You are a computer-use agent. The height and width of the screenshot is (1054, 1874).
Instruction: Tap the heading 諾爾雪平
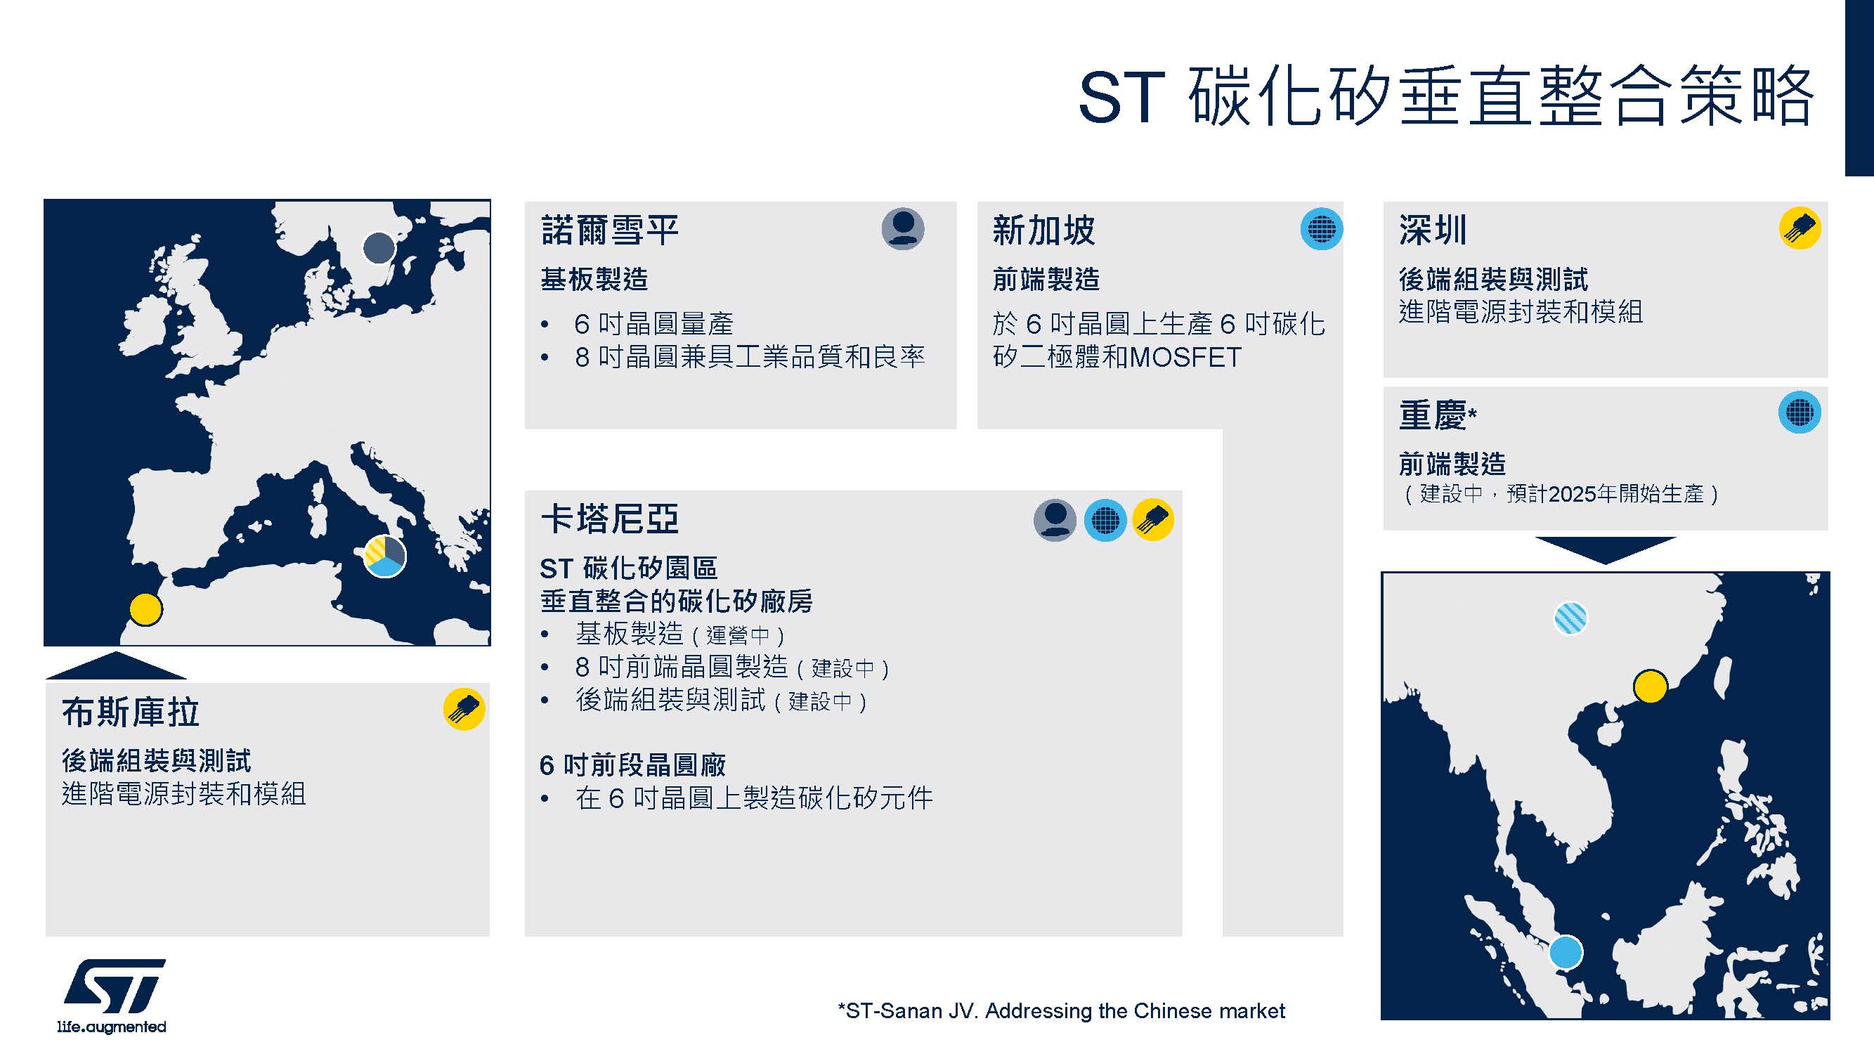click(610, 230)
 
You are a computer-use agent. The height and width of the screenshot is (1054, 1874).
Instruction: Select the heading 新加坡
click(1043, 230)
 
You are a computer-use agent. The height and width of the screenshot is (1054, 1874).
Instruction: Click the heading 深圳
click(1433, 230)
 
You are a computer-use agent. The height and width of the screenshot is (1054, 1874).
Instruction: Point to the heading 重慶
click(1433, 415)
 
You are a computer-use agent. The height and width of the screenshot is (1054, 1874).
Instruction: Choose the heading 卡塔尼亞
click(610, 519)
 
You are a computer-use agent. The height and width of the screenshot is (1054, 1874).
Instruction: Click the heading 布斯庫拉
click(131, 712)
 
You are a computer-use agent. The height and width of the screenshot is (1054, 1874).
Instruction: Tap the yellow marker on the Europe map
click(145, 609)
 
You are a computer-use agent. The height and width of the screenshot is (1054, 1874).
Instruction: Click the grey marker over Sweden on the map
click(379, 248)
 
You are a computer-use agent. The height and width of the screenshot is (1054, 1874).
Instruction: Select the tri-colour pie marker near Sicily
click(384, 557)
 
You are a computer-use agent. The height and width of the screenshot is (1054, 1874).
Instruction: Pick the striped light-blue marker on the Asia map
click(1570, 618)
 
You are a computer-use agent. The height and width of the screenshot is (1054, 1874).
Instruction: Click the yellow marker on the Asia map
click(1650, 686)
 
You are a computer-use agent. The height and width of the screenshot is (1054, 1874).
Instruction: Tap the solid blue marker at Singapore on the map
click(1566, 952)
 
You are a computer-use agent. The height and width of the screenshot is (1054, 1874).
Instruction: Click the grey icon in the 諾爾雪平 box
click(903, 229)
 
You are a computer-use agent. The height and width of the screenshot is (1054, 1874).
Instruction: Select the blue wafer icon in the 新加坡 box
click(1322, 229)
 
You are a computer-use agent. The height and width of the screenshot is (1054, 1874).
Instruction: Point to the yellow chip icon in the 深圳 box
click(1800, 228)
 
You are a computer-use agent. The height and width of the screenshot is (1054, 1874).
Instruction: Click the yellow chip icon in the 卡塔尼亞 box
click(1153, 519)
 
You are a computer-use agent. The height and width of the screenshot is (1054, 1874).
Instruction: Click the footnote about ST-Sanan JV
click(1062, 1011)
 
